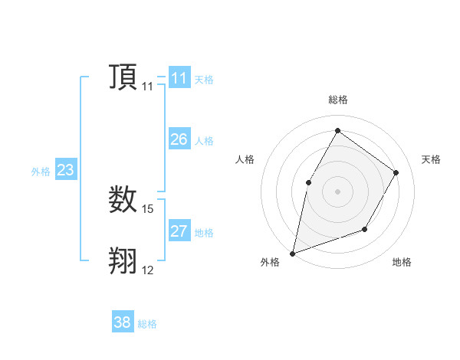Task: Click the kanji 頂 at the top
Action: click(123, 77)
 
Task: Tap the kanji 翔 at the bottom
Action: click(123, 260)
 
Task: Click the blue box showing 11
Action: click(179, 78)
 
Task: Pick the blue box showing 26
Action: click(179, 139)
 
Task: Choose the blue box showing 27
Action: click(179, 231)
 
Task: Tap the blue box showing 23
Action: click(65, 170)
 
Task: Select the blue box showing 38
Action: click(123, 322)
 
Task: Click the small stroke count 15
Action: click(148, 208)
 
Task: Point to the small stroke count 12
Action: click(148, 270)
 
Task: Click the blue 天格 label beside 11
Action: click(204, 79)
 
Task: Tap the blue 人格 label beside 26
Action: click(204, 140)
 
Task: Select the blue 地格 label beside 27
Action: click(204, 232)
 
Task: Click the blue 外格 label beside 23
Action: click(41, 172)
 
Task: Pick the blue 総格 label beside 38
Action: click(147, 324)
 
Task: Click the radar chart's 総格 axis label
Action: click(337, 100)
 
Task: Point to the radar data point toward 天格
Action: click(396, 172)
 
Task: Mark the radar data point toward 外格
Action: click(293, 253)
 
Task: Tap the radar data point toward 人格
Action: click(308, 182)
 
